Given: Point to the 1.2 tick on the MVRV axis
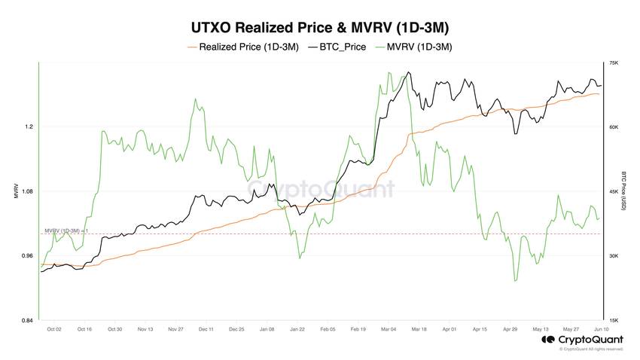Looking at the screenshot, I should tap(29, 127).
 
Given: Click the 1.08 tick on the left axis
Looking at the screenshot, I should tap(27, 191).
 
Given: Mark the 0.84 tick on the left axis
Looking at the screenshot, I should tap(27, 321).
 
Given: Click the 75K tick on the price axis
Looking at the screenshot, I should tap(614, 63).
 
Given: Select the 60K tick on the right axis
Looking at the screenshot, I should tap(614, 127).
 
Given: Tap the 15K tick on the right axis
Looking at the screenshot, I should tap(614, 321).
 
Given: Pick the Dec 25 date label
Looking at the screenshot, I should tap(236, 329).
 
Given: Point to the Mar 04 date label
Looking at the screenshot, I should tap(389, 329).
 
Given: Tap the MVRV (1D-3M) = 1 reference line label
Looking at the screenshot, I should tap(67, 230).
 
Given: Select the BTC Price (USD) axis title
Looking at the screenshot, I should tap(624, 192).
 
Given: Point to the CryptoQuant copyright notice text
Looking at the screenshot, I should tap(591, 349).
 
